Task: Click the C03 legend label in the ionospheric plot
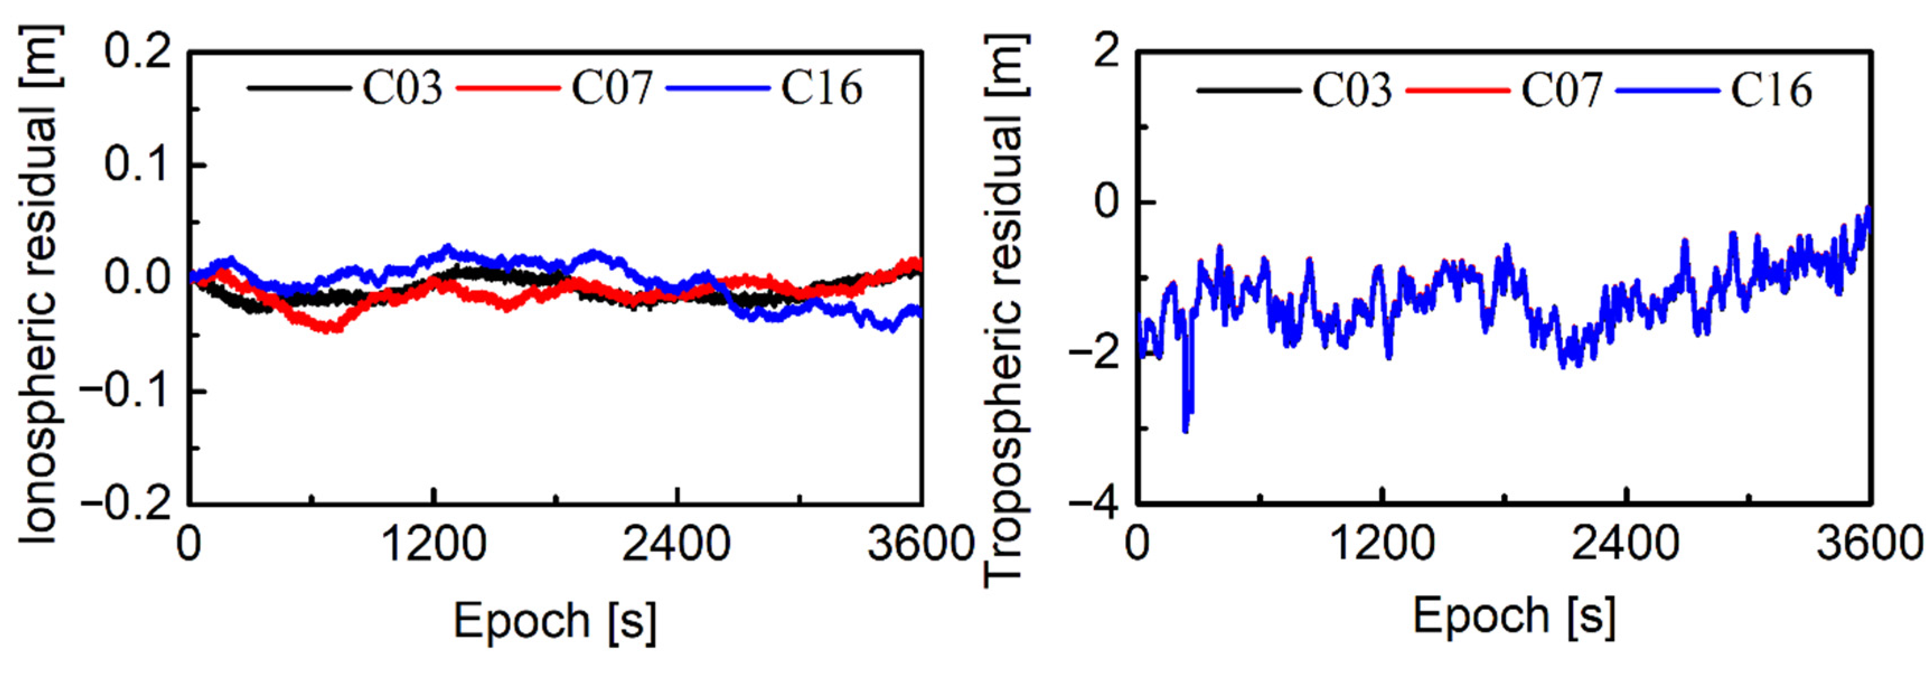pyautogui.click(x=402, y=88)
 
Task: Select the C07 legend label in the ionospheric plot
pyautogui.click(x=612, y=88)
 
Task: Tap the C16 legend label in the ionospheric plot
pyautogui.click(x=821, y=88)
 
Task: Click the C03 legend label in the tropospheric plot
pyautogui.click(x=1352, y=91)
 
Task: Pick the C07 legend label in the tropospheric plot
pyautogui.click(x=1562, y=91)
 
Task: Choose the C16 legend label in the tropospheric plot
pyautogui.click(x=1771, y=91)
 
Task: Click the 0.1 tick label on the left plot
pyautogui.click(x=138, y=164)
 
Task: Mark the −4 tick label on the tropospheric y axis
pyautogui.click(x=1094, y=503)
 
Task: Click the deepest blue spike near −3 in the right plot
pyautogui.click(x=1186, y=429)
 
